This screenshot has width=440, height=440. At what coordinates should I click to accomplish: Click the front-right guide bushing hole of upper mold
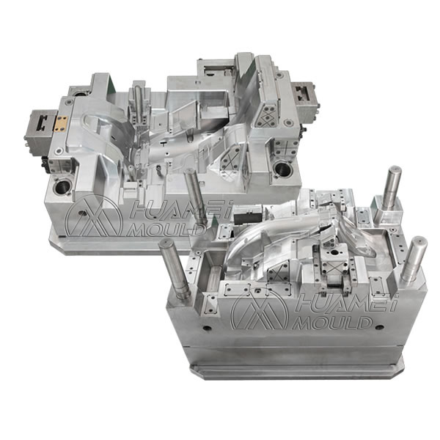[x=281, y=170]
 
